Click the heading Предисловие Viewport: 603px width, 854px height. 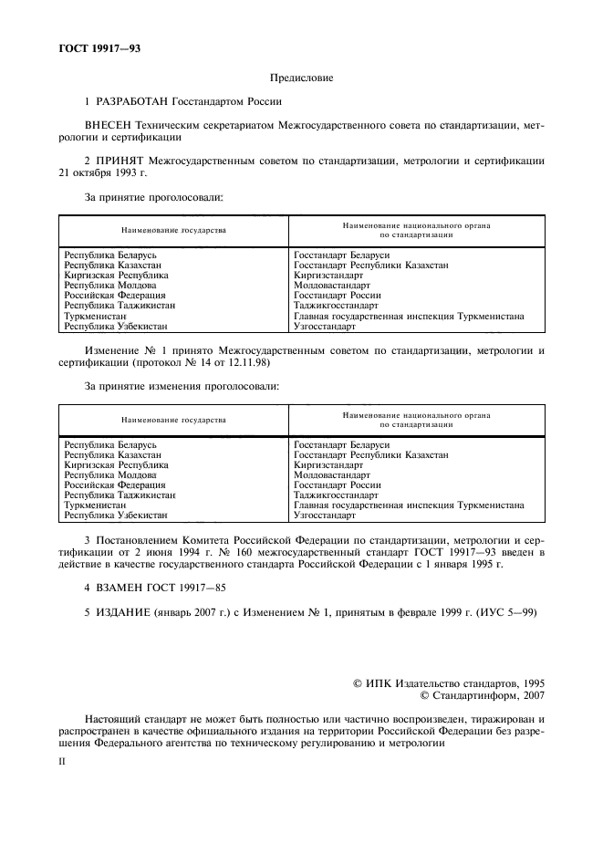coord(301,78)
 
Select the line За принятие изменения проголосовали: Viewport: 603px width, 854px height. coord(182,386)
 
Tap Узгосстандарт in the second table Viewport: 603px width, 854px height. coord(325,516)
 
